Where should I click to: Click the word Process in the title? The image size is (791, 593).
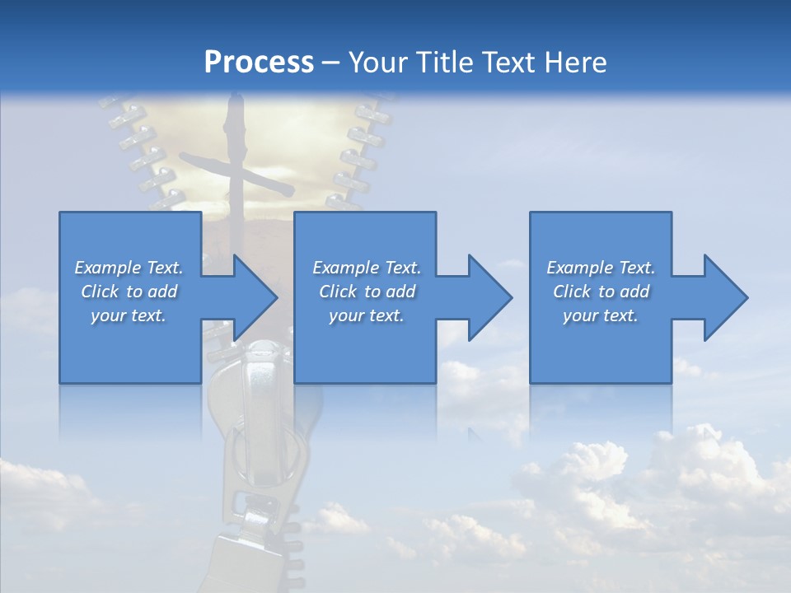pos(259,63)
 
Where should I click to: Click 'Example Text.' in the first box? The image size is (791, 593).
pos(129,268)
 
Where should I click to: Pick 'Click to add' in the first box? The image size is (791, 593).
pos(129,292)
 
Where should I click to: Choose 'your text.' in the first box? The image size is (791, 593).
pos(129,315)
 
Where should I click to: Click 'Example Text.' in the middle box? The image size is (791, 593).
pos(367,268)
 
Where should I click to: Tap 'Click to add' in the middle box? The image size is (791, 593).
pos(367,292)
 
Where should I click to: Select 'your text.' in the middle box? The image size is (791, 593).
pos(367,315)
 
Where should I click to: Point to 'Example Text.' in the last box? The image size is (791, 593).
pos(601,268)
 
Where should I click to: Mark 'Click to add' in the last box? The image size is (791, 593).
pos(601,292)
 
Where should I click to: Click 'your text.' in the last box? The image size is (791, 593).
pos(601,315)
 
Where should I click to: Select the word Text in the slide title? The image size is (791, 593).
pos(511,63)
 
